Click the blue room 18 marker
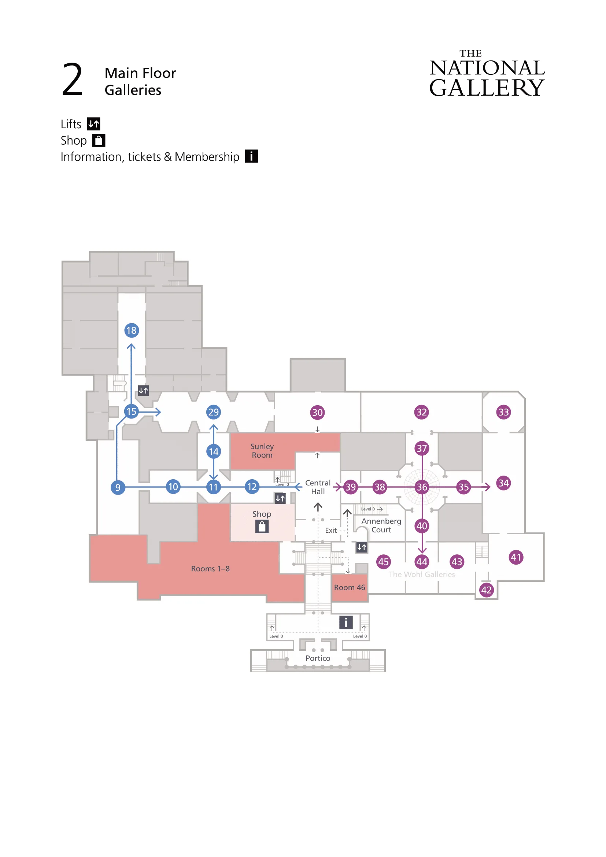click(x=132, y=330)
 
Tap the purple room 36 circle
click(x=422, y=487)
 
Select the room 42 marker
click(x=486, y=590)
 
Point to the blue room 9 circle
click(x=118, y=487)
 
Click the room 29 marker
click(x=214, y=412)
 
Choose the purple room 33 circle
click(x=503, y=412)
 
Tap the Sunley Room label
click(x=262, y=451)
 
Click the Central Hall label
click(x=318, y=487)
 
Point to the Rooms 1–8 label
click(x=210, y=569)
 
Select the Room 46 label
click(x=349, y=587)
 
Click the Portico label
click(x=318, y=658)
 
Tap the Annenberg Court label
click(x=381, y=525)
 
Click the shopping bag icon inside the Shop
click(x=262, y=527)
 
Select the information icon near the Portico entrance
click(x=346, y=622)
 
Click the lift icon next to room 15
click(x=143, y=391)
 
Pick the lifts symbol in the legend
click(x=94, y=123)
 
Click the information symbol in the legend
click(x=251, y=156)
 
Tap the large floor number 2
click(x=73, y=80)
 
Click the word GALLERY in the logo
click(x=487, y=88)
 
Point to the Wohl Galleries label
click(x=422, y=575)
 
